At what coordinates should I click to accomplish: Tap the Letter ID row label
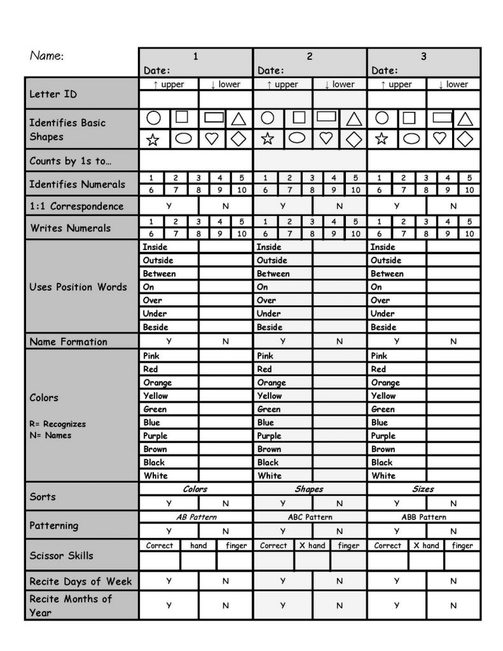(x=53, y=94)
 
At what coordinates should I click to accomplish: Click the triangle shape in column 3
(x=465, y=119)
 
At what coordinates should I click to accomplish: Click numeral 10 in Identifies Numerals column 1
(x=242, y=189)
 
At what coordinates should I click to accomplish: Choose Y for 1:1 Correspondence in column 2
(x=283, y=206)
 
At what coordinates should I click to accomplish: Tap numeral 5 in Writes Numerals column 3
(x=469, y=222)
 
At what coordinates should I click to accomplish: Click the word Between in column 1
(x=159, y=274)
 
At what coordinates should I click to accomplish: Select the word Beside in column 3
(x=383, y=327)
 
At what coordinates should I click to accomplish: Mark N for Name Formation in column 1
(x=225, y=341)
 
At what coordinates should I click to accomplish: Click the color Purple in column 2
(x=270, y=436)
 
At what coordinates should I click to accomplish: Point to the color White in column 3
(x=383, y=476)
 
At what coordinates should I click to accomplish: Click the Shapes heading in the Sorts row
(x=309, y=490)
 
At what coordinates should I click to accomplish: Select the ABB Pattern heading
(x=424, y=517)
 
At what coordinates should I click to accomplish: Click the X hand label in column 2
(x=312, y=545)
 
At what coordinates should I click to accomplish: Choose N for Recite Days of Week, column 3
(x=453, y=581)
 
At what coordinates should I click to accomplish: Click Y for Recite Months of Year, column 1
(x=169, y=605)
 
